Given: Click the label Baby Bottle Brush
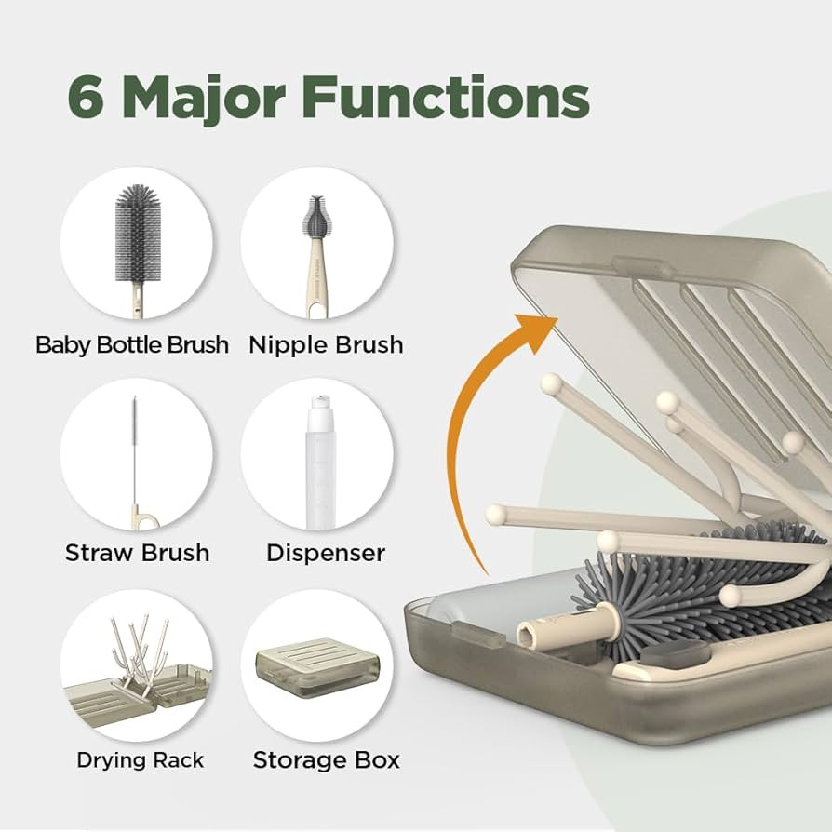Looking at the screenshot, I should pyautogui.click(x=132, y=345).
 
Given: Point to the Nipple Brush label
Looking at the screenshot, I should pyautogui.click(x=326, y=345).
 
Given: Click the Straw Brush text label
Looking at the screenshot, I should pyautogui.click(x=137, y=553).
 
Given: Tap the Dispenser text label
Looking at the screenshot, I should pyautogui.click(x=326, y=553).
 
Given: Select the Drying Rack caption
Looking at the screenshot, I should pyautogui.click(x=140, y=759).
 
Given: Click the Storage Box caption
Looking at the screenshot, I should pyautogui.click(x=326, y=759).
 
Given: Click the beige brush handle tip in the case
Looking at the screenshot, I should pyautogui.click(x=535, y=638).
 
